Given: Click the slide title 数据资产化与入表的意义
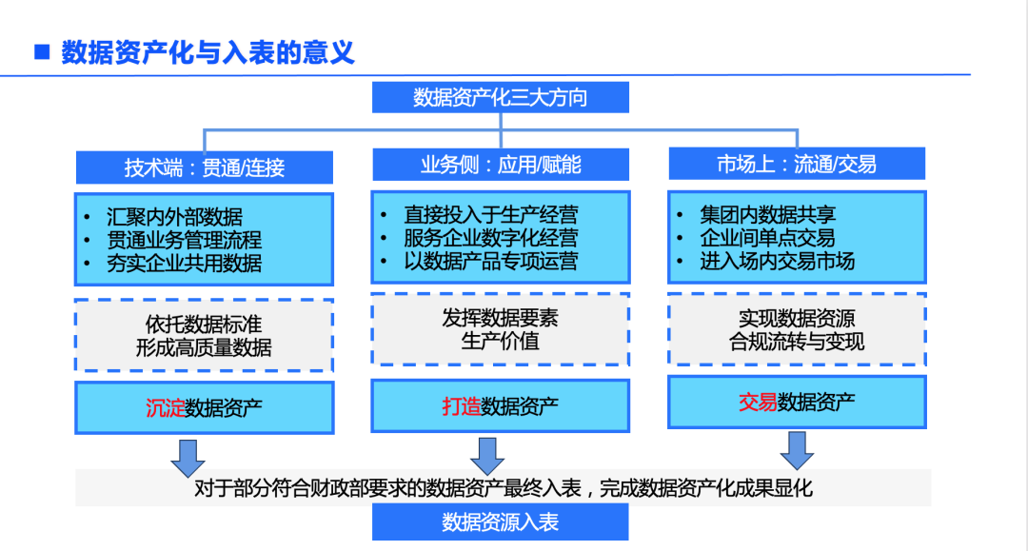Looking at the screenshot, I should click(208, 52).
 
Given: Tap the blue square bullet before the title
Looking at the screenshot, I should click(41, 51).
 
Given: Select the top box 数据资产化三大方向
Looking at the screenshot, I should click(500, 98).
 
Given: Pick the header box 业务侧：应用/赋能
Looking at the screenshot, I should click(501, 165).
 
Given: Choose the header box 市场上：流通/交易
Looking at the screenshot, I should click(797, 164).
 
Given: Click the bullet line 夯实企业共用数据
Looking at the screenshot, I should click(185, 263).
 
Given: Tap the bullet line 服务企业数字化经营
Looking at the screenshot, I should click(490, 238).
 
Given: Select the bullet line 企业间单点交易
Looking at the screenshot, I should click(767, 238).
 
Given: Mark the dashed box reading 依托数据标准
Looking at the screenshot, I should click(204, 335).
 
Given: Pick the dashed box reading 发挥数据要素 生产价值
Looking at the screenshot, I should click(500, 329).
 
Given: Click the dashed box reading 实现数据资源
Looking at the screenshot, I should click(797, 329).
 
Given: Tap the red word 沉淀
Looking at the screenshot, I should click(165, 408).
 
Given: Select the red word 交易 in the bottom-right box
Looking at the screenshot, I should click(758, 402).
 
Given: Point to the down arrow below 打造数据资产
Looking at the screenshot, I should click(487, 456).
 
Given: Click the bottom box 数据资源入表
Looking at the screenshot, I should click(500, 522).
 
